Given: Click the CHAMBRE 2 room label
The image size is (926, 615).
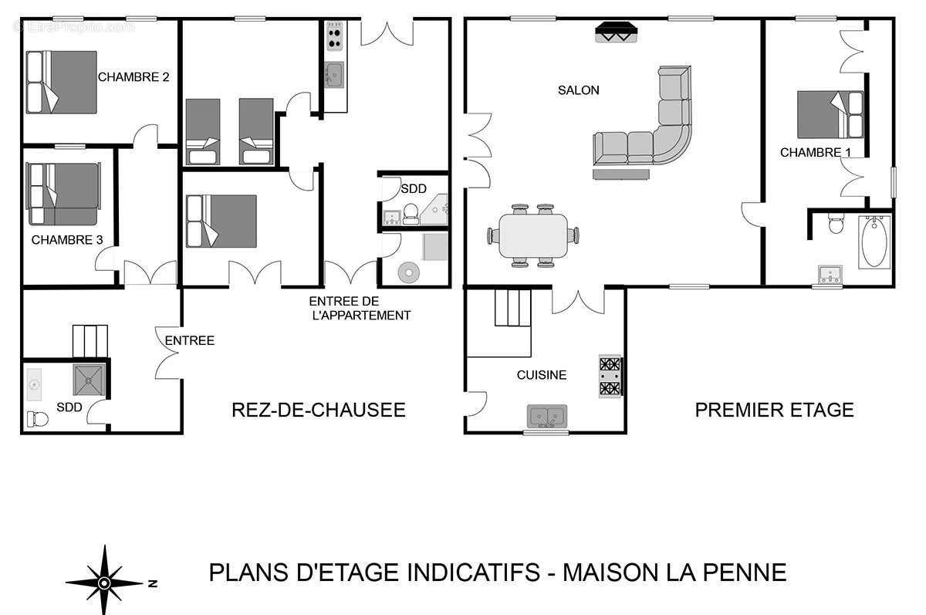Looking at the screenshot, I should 133,77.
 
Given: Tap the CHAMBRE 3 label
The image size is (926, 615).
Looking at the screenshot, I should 67,240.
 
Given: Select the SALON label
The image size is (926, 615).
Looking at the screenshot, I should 578,90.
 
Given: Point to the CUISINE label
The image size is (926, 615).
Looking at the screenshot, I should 541,375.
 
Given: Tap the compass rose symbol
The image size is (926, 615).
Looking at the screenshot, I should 104,581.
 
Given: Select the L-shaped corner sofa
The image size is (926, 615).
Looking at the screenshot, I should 648,131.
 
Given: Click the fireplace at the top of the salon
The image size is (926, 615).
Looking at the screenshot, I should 617,32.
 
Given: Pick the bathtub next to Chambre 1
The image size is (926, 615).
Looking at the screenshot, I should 874,241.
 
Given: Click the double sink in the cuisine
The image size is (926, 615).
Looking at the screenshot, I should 547,416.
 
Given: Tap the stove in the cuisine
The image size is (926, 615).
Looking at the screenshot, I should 610,377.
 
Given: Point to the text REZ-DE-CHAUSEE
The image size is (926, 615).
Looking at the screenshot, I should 318,410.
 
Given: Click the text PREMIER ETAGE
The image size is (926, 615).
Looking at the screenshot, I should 774,410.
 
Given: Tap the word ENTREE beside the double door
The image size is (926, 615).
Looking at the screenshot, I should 189,340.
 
